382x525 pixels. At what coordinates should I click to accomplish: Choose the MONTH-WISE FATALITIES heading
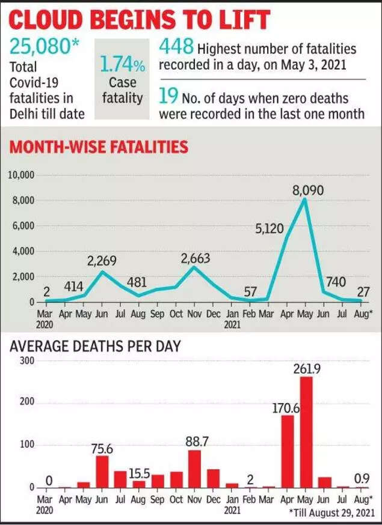pyautogui.click(x=97, y=147)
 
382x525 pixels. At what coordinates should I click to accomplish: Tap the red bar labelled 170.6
pyautogui.click(x=288, y=451)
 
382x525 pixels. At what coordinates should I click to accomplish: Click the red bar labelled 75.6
pyautogui.click(x=102, y=471)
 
